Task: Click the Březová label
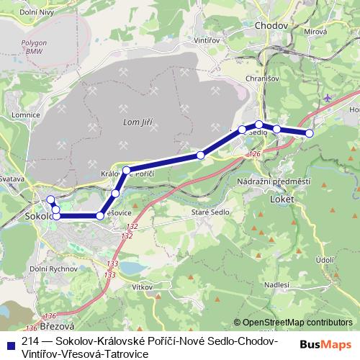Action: coord(46,326)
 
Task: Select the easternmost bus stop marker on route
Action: coord(310,133)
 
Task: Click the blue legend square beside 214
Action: coord(9,341)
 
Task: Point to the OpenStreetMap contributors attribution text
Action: coord(297,323)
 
